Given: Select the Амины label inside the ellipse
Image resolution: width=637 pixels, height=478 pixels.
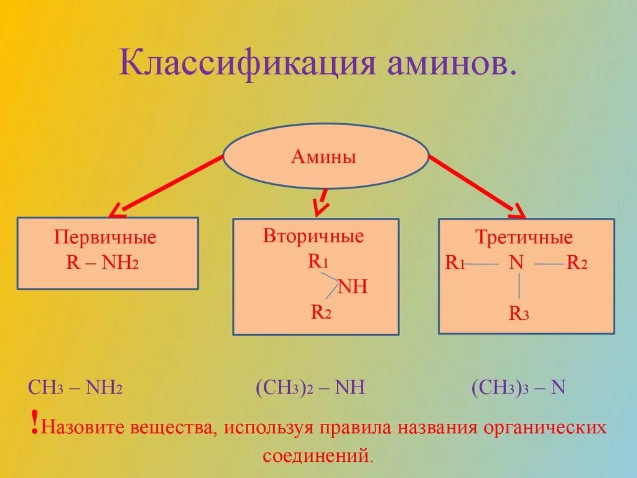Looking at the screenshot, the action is pyautogui.click(x=323, y=157).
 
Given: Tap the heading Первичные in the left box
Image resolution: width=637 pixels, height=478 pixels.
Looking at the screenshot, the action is pyautogui.click(x=105, y=237).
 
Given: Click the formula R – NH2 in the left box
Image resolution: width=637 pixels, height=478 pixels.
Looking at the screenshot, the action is pyautogui.click(x=102, y=262).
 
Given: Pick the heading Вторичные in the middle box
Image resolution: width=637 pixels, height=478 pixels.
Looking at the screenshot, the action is pyautogui.click(x=313, y=237).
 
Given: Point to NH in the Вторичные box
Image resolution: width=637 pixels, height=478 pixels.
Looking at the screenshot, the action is pyautogui.click(x=352, y=287).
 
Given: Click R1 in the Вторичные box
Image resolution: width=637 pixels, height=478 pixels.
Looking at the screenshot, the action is pyautogui.click(x=318, y=261).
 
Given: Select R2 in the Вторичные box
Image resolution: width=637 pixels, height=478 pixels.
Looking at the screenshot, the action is pyautogui.click(x=321, y=312).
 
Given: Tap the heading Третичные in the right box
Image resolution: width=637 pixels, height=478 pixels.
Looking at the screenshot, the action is pyautogui.click(x=524, y=237).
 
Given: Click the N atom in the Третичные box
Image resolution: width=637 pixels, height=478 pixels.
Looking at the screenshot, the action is pyautogui.click(x=516, y=263).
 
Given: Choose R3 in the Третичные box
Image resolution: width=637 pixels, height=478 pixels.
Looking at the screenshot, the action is pyautogui.click(x=519, y=313).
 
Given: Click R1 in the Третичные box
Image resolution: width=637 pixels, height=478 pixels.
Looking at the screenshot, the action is pyautogui.click(x=455, y=263).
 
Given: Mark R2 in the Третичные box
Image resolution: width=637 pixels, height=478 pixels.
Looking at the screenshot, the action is pyautogui.click(x=577, y=263).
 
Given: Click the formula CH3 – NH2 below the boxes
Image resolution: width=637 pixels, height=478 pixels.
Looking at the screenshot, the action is pyautogui.click(x=75, y=388).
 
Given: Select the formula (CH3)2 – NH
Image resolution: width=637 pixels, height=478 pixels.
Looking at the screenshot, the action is pyautogui.click(x=310, y=388).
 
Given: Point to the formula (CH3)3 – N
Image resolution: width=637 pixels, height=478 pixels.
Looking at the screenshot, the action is pyautogui.click(x=518, y=388).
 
